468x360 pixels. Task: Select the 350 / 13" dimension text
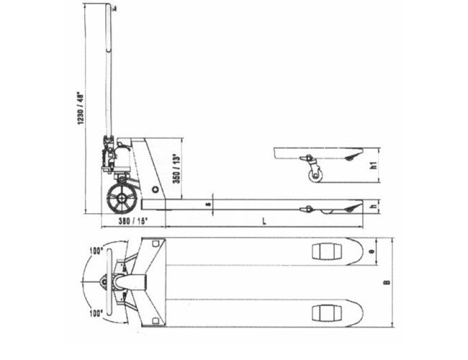click(x=175, y=167)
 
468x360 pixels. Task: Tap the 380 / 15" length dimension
click(x=125, y=222)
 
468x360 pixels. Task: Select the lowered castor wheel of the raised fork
click(x=314, y=176)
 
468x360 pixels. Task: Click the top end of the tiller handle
click(x=111, y=7)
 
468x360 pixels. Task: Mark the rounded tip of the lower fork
click(x=358, y=313)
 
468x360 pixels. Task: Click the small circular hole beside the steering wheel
click(x=155, y=190)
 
